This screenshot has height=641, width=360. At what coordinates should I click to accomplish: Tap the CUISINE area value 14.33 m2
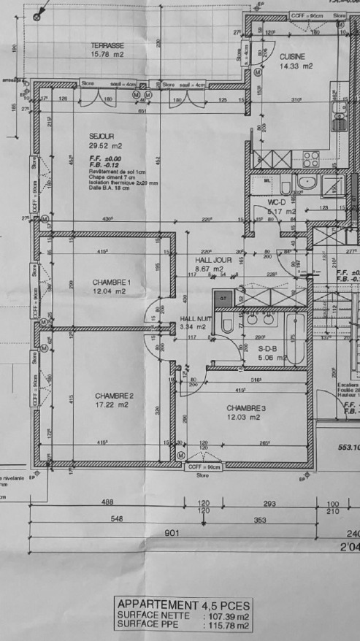[296, 66]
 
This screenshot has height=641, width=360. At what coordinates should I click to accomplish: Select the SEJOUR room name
[102, 137]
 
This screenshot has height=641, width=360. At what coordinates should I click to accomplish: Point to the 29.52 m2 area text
[105, 146]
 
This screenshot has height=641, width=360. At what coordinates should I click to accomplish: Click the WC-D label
[277, 202]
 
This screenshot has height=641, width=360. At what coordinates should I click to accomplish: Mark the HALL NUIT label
[196, 319]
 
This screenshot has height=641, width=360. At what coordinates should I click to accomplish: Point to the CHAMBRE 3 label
[245, 407]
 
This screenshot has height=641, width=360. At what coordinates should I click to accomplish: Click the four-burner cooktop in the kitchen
[311, 158]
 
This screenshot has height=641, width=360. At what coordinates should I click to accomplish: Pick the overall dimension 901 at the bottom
[172, 533]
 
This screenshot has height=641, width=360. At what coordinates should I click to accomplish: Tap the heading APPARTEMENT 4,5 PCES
[183, 605]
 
